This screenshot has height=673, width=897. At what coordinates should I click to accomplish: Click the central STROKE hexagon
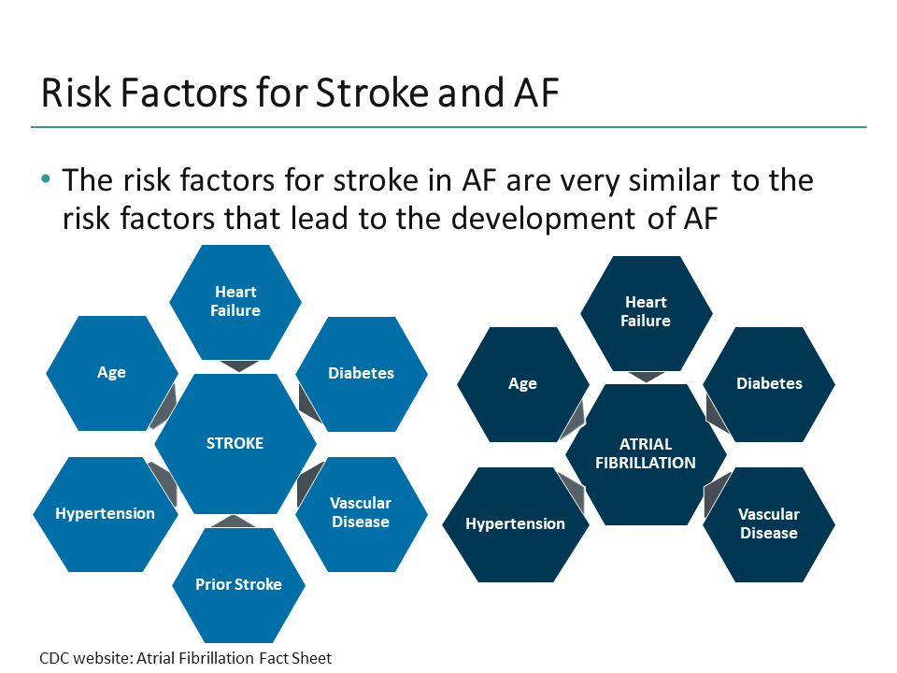coord(235,443)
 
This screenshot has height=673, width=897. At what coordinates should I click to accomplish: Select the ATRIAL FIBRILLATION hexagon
coord(645,454)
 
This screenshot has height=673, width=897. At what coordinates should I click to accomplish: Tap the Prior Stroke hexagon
coord(238,584)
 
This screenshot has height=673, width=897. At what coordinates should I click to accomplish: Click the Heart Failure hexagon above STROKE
coord(235,301)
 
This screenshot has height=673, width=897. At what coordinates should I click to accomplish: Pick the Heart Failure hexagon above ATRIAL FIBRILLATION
coord(647,311)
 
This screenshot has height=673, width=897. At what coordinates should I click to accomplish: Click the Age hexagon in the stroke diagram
coord(111,373)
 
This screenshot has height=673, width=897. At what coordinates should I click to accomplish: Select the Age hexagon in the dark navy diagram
coord(522,384)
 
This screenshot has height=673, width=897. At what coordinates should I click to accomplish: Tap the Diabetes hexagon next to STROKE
coord(361,373)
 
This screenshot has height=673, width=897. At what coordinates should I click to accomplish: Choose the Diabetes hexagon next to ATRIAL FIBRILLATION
coord(769,384)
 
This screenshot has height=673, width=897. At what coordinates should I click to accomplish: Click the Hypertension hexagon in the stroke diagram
coord(105,514)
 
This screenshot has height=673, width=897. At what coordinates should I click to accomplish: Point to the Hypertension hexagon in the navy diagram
coord(515,523)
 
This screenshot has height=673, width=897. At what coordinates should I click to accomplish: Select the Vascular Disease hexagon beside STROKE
coord(361,512)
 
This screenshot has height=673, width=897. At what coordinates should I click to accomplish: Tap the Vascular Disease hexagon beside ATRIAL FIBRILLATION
coord(768,523)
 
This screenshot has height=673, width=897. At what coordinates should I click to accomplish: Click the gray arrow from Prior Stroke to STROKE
coord(237,521)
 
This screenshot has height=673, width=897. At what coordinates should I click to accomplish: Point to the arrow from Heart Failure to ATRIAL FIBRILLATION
coord(647,377)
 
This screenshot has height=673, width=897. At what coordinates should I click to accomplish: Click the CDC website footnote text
coord(185,658)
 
